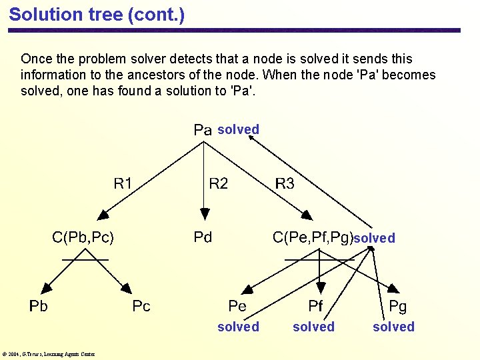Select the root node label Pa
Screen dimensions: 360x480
point(202,130)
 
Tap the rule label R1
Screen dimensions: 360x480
point(123,183)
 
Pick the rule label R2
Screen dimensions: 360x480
point(219,183)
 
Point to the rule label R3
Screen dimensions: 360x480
point(285,183)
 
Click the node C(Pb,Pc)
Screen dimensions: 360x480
point(83,237)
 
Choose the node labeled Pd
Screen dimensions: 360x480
point(203,237)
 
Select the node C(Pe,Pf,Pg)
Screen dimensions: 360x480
point(313,237)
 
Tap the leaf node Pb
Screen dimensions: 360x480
point(39,306)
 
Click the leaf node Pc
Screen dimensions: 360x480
point(141,306)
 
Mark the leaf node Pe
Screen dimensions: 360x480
point(237,306)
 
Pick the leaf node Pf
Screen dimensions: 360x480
point(315,306)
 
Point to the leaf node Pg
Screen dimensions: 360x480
point(397,306)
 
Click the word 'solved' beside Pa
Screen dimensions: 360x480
point(238,129)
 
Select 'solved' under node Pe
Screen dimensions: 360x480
point(238,327)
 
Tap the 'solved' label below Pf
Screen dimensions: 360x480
point(313,327)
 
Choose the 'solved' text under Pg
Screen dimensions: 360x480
point(393,327)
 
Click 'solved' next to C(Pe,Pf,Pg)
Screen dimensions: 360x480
point(374,238)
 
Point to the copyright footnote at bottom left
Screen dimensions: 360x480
point(49,354)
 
